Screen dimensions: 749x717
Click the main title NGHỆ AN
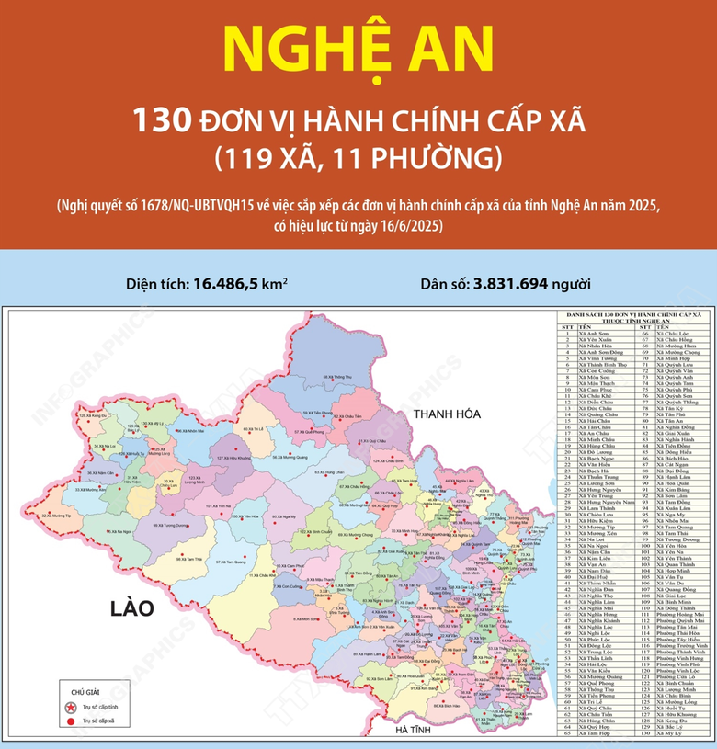(x=358, y=53)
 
